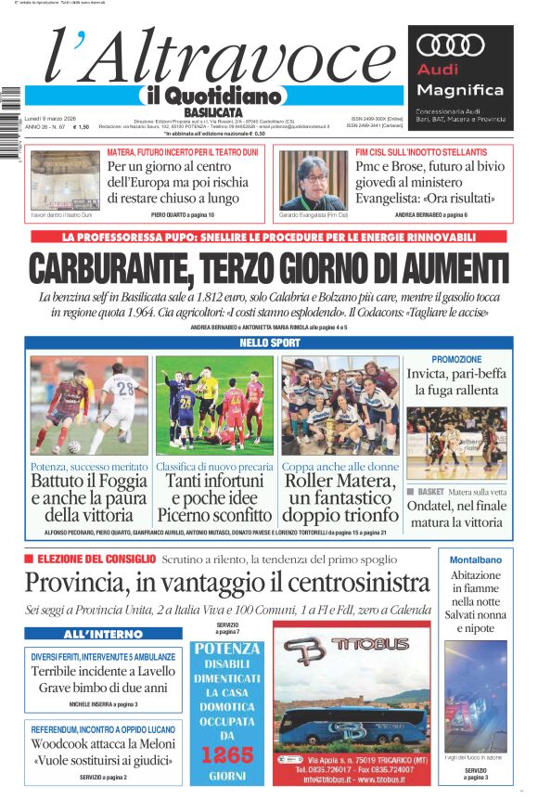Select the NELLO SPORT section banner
(x=268, y=342)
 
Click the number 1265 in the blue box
(x=227, y=754)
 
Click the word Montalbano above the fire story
(x=475, y=560)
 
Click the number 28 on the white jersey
(x=126, y=385)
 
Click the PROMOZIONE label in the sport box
(x=456, y=359)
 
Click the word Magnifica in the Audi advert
(x=460, y=90)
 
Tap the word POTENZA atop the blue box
(x=227, y=648)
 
